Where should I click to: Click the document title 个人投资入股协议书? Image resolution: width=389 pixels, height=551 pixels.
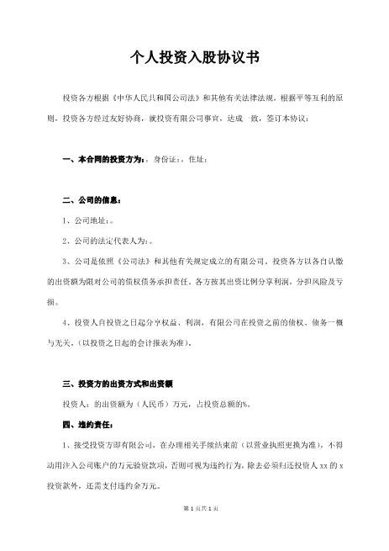195,58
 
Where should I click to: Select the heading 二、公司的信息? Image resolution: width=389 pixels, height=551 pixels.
92,202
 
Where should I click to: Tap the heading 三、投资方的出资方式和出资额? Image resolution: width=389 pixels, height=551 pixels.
118,384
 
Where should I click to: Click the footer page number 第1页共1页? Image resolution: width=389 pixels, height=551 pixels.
194,531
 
